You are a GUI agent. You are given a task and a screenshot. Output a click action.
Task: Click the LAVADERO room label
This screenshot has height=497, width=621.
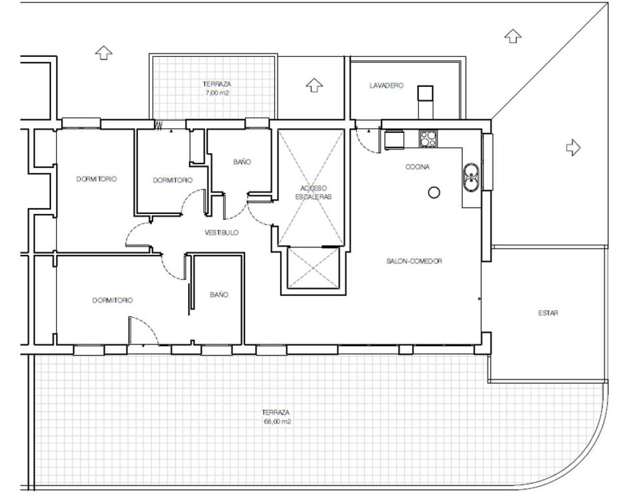pyautogui.click(x=386, y=85)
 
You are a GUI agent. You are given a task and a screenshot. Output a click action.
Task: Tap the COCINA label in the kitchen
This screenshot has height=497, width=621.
pyautogui.click(x=417, y=167)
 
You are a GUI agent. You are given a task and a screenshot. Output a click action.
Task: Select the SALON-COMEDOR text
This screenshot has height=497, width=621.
pyautogui.click(x=414, y=261)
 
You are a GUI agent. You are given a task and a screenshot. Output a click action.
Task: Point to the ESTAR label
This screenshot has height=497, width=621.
pyautogui.click(x=548, y=313)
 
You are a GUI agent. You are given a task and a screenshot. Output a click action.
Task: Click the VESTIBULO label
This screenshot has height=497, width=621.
pyautogui.click(x=221, y=233)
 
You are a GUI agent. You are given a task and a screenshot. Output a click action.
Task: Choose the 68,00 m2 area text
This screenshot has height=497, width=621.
pyautogui.click(x=277, y=422)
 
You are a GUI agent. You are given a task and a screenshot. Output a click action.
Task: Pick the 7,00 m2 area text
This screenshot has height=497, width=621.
pyautogui.click(x=213, y=91)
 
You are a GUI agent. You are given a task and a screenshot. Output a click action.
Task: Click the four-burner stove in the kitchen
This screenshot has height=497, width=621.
pyautogui.click(x=428, y=139)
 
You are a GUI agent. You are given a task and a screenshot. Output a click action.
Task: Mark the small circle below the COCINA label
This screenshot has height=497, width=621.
pyautogui.click(x=434, y=193)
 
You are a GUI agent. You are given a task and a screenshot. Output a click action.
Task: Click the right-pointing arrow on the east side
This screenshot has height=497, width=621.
pyautogui.click(x=573, y=147)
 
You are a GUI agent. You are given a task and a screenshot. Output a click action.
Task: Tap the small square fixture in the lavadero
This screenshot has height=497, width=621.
pyautogui.click(x=425, y=93)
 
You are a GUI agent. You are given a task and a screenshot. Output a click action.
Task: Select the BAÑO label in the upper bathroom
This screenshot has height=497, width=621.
pyautogui.click(x=242, y=162)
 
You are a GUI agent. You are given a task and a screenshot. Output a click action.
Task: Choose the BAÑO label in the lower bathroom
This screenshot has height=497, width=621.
pyautogui.click(x=219, y=295)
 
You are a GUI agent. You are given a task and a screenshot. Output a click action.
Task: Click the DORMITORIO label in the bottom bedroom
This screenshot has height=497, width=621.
pyautogui.click(x=112, y=300)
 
